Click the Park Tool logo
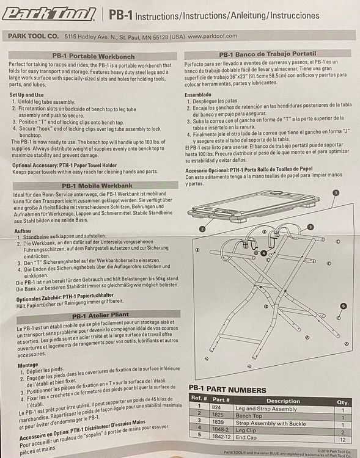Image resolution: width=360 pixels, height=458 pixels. [x=49, y=14]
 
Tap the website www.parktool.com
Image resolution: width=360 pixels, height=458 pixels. [x=212, y=36]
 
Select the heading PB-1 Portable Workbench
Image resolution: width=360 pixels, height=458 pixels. [x=94, y=56]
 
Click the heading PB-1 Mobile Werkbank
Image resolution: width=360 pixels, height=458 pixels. [x=97, y=186]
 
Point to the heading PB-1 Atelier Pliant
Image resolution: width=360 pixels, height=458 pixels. [x=101, y=316]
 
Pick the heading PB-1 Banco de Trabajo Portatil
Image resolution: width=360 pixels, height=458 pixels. [x=268, y=54]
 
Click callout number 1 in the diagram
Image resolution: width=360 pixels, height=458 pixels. [x=336, y=193]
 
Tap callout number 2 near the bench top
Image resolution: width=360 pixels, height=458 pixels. [x=202, y=229]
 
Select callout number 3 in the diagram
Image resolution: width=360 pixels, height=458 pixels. [x=310, y=227]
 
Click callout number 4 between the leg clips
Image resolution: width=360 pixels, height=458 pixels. [x=264, y=253]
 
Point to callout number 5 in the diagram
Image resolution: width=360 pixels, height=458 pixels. [x=343, y=306]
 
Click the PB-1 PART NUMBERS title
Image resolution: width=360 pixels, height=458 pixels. [x=227, y=390]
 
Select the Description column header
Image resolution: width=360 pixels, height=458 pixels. [x=283, y=401]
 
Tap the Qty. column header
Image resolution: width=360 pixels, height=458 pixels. [x=343, y=402]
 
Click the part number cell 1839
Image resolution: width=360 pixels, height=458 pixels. [x=218, y=422]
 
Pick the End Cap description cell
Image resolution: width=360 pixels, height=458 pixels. [x=246, y=438]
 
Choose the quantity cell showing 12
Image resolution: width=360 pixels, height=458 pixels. [x=343, y=440]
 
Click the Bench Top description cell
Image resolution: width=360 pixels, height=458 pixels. [x=249, y=416]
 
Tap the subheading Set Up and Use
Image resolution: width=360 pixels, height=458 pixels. [x=26, y=95]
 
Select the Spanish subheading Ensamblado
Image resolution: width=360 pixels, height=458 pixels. [x=197, y=95]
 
